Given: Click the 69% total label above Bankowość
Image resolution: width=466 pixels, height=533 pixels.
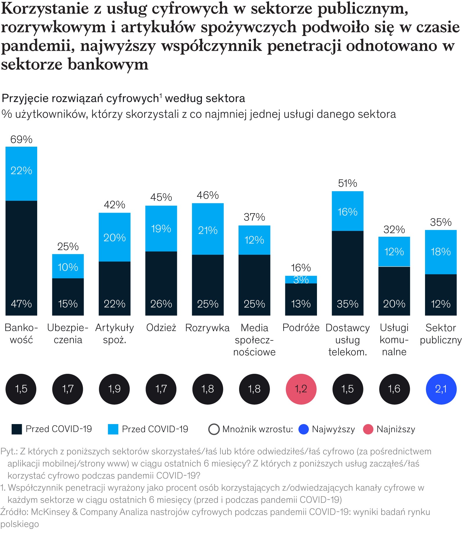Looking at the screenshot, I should [21, 140].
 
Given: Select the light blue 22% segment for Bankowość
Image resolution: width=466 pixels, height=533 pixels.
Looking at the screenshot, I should [21, 174].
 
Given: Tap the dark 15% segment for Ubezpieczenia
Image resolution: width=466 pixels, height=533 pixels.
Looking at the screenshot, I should [68, 297].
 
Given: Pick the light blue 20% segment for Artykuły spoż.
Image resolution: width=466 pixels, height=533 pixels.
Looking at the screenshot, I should [114, 237].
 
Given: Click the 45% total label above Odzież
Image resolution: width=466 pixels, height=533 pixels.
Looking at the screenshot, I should [161, 198].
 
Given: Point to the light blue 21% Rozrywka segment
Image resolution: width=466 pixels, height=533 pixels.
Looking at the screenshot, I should [208, 229].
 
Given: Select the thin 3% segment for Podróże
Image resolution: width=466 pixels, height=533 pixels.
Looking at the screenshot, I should [301, 279].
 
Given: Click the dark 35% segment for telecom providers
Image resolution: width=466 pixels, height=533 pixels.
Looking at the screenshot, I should [347, 273].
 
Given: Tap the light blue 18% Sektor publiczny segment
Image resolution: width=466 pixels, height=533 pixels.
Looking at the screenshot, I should [441, 252].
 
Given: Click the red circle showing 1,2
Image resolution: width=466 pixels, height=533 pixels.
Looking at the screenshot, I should [301, 389].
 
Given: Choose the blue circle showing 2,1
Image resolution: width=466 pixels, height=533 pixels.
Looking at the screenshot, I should [441, 389].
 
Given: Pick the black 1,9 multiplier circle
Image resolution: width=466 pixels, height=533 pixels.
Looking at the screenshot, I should [114, 389].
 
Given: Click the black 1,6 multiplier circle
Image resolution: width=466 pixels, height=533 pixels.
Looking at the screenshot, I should [394, 389].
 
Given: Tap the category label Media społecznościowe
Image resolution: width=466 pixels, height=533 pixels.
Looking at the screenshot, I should [254, 340].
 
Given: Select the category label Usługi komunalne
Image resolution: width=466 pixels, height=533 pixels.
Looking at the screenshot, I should [394, 340].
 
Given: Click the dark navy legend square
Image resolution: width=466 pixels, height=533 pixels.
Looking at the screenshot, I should [17, 429].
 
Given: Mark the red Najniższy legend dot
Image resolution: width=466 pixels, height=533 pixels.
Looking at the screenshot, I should [368, 429].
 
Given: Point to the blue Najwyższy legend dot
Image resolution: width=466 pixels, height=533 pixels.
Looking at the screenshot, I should [303, 429].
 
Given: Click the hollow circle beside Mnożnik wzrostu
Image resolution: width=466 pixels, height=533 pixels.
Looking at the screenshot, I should [214, 429].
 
